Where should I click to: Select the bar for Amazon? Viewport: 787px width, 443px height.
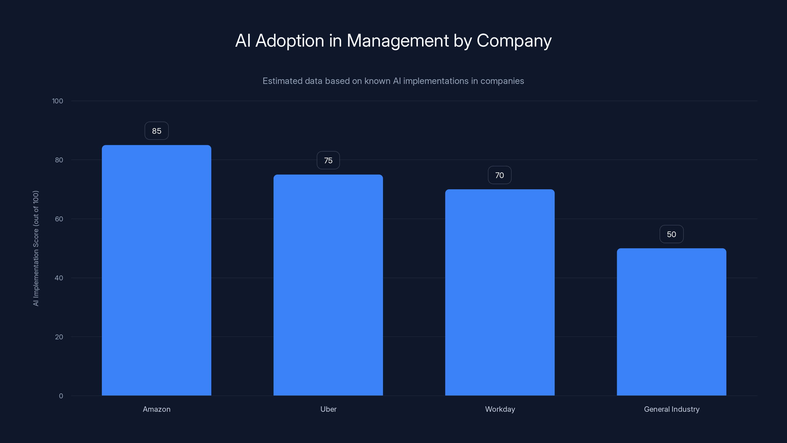(156, 270)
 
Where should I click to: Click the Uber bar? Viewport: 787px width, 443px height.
(328, 285)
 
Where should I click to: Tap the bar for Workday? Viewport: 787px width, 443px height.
(500, 292)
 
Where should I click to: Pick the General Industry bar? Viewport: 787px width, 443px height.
(671, 322)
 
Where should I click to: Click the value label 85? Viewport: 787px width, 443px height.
(156, 131)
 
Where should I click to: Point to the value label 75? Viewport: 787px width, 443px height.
(328, 160)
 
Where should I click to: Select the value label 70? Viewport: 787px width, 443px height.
(499, 175)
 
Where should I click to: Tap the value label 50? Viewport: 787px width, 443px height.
(671, 234)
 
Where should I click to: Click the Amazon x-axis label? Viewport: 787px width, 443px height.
(156, 409)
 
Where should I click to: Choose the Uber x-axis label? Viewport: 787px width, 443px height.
(328, 409)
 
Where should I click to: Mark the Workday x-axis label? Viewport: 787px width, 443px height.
(500, 409)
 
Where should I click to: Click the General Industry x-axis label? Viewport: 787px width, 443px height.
(671, 409)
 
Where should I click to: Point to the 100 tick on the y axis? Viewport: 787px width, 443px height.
(58, 101)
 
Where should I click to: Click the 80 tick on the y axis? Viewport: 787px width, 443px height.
(59, 160)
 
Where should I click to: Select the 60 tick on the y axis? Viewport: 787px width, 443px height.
(59, 219)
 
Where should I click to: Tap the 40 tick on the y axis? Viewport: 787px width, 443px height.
(59, 278)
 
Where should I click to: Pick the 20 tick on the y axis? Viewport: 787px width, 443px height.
(59, 337)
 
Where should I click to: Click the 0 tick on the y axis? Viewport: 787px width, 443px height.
(61, 396)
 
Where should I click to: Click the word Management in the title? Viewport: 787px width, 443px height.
(397, 41)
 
